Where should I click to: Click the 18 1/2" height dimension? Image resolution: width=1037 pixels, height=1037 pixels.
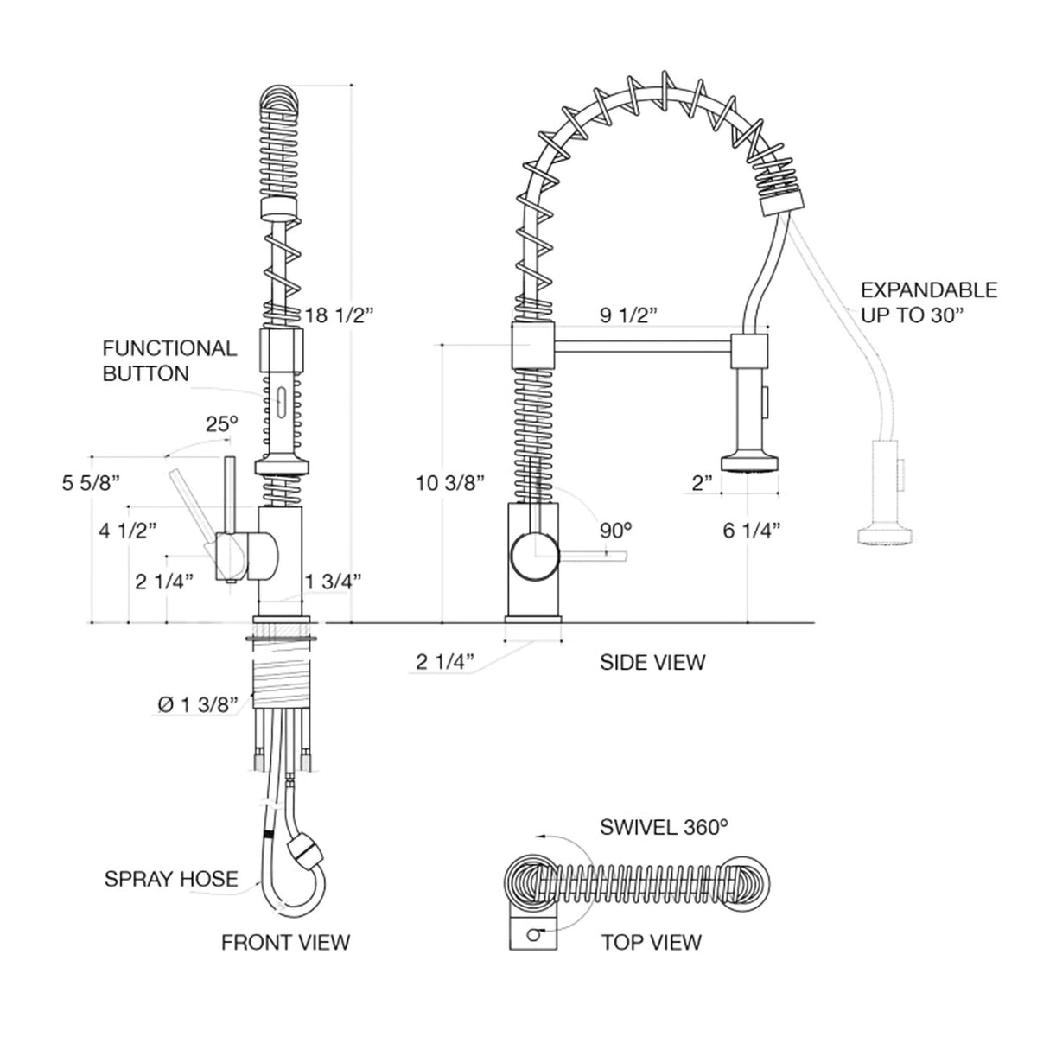coord(340,315)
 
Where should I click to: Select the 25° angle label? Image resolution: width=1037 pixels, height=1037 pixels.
coord(221,424)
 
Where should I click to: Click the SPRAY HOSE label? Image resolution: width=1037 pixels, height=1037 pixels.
coord(171,880)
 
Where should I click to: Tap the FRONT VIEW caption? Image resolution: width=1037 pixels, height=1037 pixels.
coord(286,942)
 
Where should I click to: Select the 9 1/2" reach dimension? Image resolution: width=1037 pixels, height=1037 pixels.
coord(630,315)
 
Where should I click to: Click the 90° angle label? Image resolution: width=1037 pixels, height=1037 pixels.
coord(616,530)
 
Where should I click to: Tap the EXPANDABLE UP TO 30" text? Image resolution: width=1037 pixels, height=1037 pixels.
coord(928,302)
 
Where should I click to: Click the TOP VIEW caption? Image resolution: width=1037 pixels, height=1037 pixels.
coord(652,942)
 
